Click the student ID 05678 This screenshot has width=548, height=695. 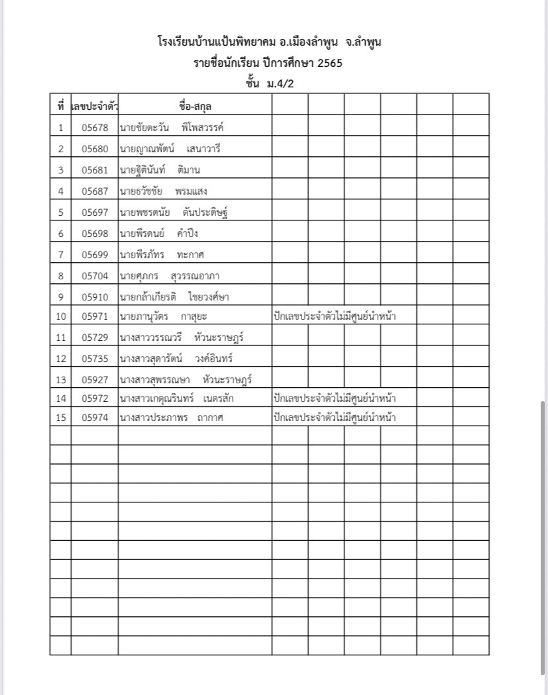[x=95, y=128]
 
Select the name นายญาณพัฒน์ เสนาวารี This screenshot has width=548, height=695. [x=170, y=149]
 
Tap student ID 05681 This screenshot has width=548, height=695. [x=95, y=170]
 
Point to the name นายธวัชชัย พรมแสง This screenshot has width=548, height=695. [x=163, y=191]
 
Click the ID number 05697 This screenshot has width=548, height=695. [x=95, y=212]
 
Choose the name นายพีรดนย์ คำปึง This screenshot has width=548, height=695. [x=158, y=234]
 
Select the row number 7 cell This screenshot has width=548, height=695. [x=60, y=255]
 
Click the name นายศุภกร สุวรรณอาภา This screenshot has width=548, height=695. [x=176, y=276]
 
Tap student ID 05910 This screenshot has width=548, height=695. [x=95, y=297]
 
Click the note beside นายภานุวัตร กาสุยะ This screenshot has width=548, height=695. [x=335, y=316]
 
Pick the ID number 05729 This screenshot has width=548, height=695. [x=95, y=338]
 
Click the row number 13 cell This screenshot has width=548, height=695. [x=60, y=380]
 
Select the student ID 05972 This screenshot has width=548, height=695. [x=95, y=398]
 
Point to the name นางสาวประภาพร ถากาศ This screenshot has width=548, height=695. [x=173, y=417]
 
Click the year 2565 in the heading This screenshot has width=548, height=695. [x=329, y=64]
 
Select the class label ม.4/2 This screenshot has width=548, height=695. [x=280, y=83]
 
